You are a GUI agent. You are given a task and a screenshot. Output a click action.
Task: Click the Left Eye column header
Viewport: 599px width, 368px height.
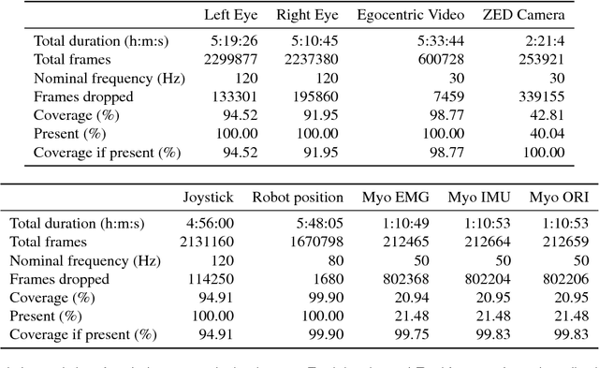(229, 15)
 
